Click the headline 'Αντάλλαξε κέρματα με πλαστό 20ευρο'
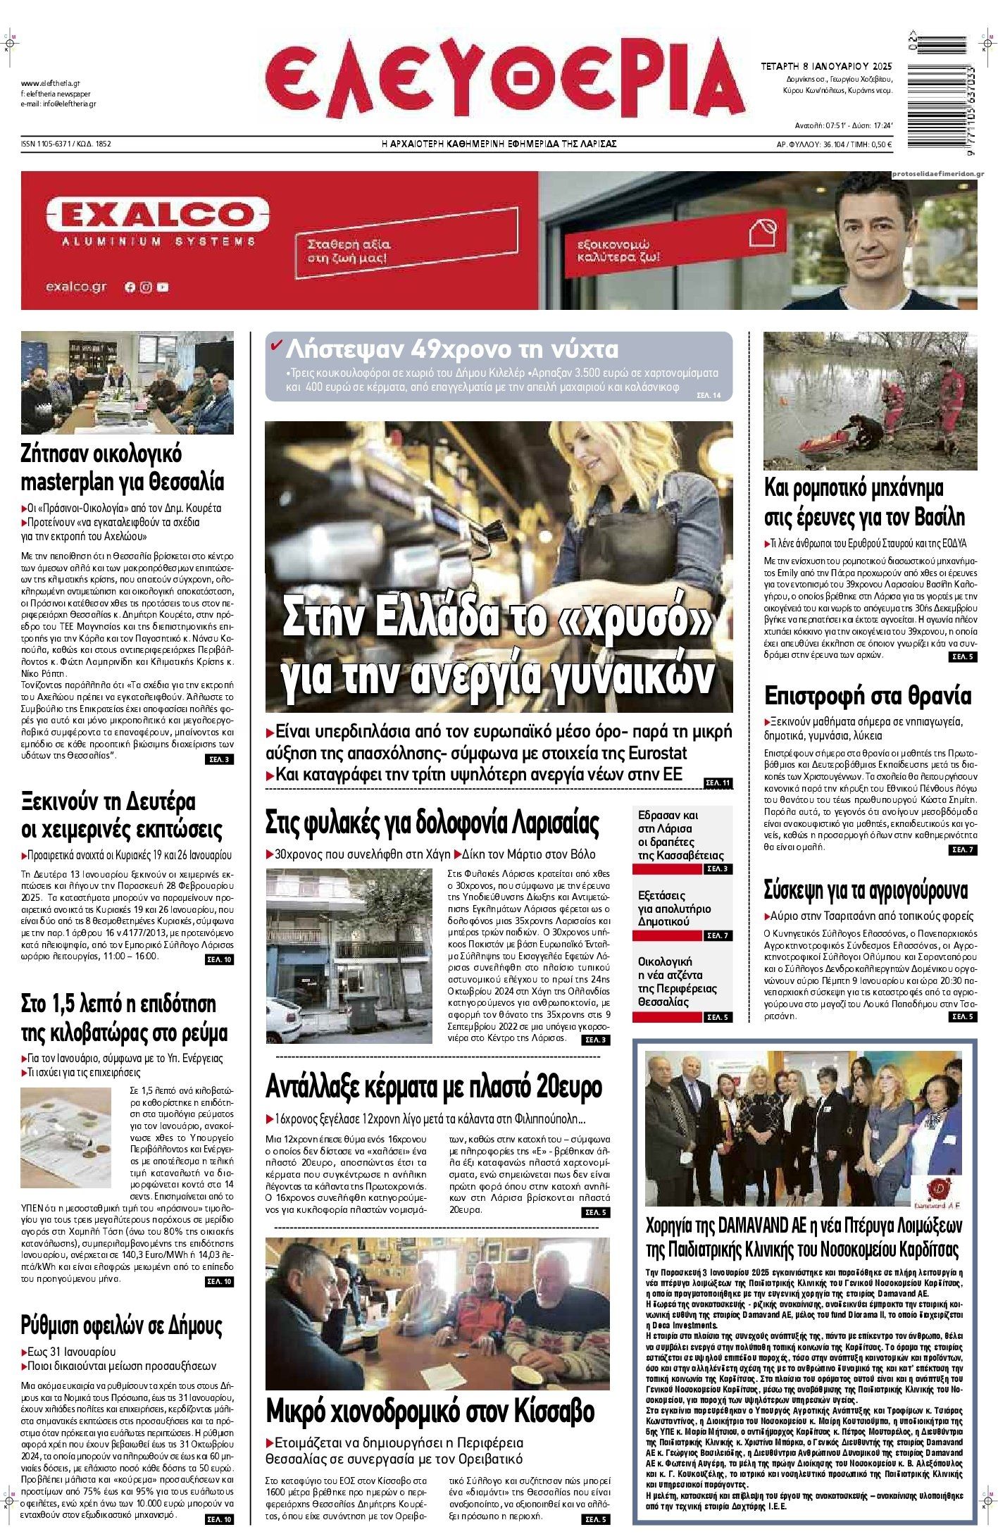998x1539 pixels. click(x=433, y=1088)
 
